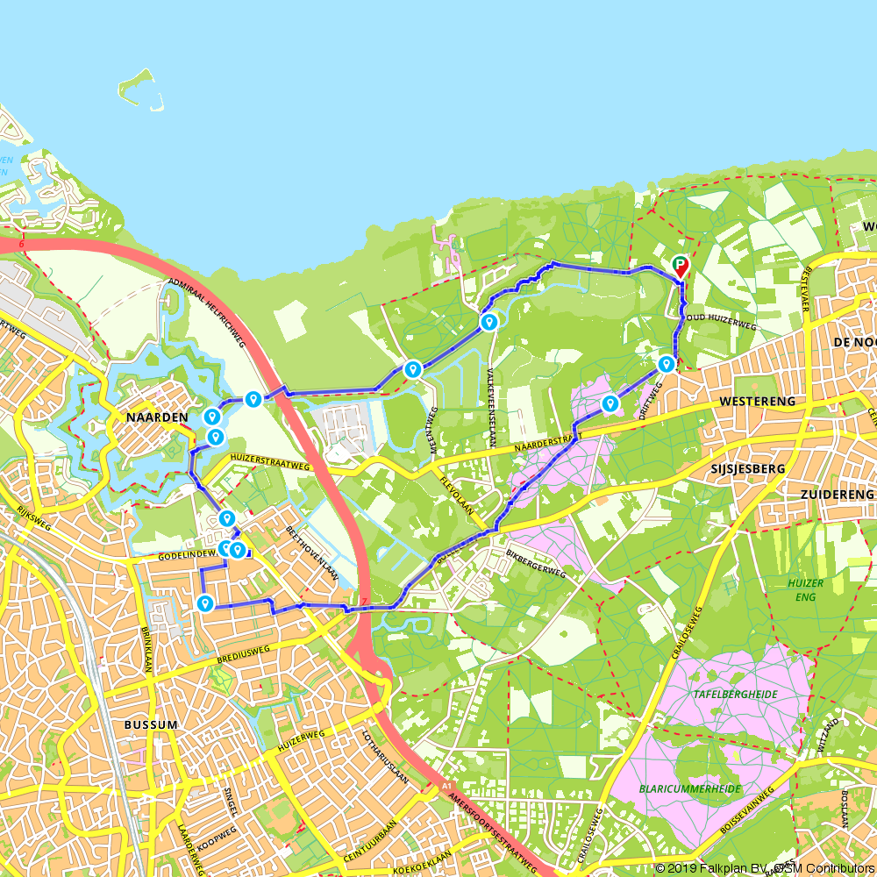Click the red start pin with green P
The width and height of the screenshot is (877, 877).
point(680,266)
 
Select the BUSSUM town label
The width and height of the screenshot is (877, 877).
point(151,725)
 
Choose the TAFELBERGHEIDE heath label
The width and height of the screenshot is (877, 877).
point(736,693)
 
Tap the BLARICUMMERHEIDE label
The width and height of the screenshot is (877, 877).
point(689,788)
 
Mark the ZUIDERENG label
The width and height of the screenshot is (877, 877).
point(837,495)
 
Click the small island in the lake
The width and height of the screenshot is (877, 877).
point(140,90)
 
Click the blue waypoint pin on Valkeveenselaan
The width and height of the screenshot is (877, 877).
point(489,323)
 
